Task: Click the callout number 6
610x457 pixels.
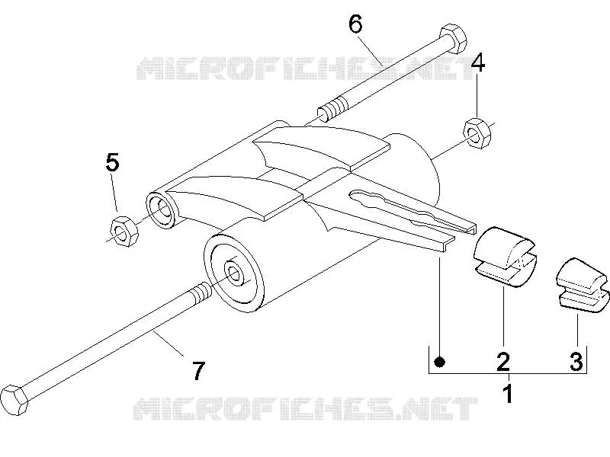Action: click(x=355, y=24)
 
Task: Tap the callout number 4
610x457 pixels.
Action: click(x=478, y=63)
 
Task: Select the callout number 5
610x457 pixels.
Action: click(x=112, y=162)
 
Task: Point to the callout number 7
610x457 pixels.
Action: click(x=198, y=371)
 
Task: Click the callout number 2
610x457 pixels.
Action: click(x=503, y=361)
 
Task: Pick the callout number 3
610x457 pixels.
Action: click(x=576, y=361)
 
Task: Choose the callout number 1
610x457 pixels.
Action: click(x=509, y=393)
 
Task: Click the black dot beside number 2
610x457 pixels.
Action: click(x=440, y=362)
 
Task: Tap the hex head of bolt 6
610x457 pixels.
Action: click(x=452, y=40)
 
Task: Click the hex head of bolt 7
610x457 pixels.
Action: click(x=14, y=401)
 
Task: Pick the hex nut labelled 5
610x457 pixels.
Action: click(x=124, y=231)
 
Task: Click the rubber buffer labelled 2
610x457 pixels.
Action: click(x=504, y=257)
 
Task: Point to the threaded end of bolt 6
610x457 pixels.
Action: click(x=332, y=109)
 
